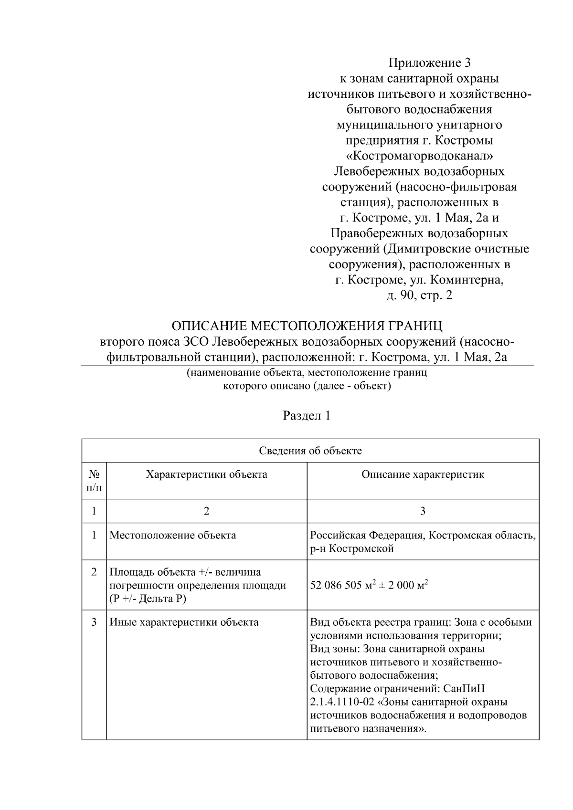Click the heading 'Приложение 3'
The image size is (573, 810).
click(x=419, y=63)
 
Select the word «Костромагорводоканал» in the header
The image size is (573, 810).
click(x=419, y=156)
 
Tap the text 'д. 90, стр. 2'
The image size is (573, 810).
click(x=419, y=295)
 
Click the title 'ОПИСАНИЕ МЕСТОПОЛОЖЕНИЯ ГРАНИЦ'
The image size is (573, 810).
click(x=307, y=326)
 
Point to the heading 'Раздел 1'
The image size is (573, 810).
click(x=307, y=415)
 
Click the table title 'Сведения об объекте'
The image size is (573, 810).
click(x=310, y=451)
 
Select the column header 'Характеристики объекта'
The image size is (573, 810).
click(x=206, y=474)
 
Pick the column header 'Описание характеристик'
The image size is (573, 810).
click(x=423, y=474)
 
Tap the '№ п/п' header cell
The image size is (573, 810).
click(x=94, y=481)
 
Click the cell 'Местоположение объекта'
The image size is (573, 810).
click(x=173, y=535)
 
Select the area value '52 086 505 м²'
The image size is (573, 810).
click(x=341, y=585)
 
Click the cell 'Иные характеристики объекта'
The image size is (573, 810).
click(x=184, y=622)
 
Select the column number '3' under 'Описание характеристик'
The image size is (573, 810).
click(x=423, y=511)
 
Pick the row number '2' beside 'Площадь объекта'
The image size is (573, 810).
click(x=94, y=572)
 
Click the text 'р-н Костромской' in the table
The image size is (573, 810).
click(x=352, y=548)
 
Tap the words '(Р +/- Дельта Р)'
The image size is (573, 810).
click(x=148, y=599)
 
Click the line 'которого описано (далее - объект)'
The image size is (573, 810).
click(x=307, y=386)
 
